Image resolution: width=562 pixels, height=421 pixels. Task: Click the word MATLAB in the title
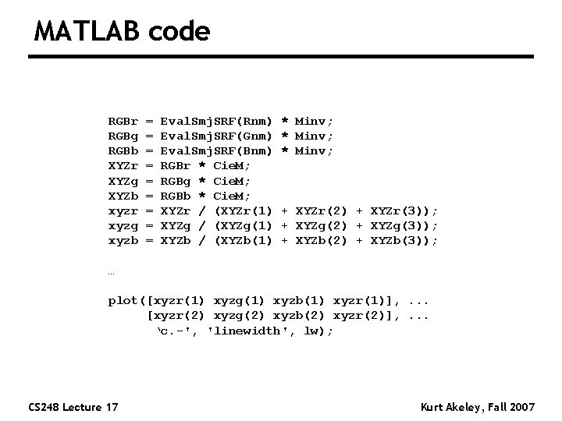[86, 31]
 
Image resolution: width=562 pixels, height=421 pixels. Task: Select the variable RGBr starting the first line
[123, 122]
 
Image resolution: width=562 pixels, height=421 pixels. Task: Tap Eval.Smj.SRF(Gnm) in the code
[216, 136]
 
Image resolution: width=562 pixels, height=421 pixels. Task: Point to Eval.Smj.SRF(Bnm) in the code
[216, 151]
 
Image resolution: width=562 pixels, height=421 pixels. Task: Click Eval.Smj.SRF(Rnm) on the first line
[216, 122]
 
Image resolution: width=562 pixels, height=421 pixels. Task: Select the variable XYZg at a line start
[123, 181]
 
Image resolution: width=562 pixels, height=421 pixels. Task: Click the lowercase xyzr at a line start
[123, 211]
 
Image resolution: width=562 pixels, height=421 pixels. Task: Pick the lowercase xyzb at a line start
[123, 241]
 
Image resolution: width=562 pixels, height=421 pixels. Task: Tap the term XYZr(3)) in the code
[405, 211]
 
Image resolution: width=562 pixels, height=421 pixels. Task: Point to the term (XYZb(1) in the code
[243, 241]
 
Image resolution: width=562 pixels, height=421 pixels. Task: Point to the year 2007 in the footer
[520, 406]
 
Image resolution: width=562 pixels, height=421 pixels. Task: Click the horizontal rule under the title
[281, 57]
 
